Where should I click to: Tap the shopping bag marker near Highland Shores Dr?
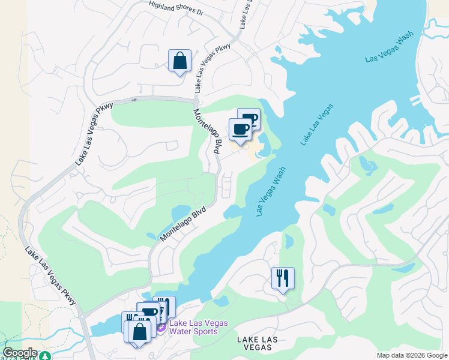click(x=179, y=61)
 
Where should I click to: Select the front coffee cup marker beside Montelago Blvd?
click(x=240, y=129)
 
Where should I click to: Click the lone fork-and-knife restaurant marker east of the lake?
click(x=283, y=278)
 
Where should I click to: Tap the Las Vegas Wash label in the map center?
click(x=271, y=191)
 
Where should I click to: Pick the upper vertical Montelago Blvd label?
click(x=208, y=131)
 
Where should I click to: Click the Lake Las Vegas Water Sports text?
click(x=199, y=328)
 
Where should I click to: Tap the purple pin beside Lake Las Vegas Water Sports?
click(x=161, y=327)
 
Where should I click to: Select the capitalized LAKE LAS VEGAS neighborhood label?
click(x=258, y=344)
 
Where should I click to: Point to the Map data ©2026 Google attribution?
click(x=412, y=355)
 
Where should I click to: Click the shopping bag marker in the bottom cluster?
click(x=139, y=332)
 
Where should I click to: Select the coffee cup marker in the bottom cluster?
click(x=148, y=313)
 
